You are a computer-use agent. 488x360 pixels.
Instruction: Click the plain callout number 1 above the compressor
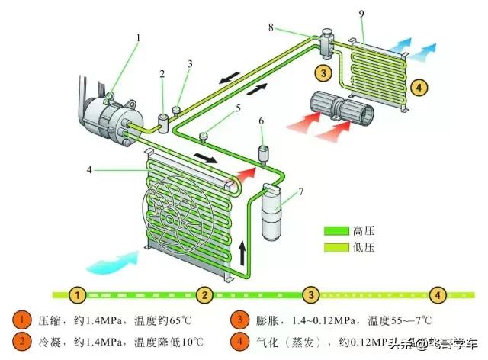[x=138, y=37]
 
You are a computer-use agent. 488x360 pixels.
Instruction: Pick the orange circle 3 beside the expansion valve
[x=324, y=73]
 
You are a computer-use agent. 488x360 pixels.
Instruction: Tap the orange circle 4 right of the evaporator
[x=419, y=86]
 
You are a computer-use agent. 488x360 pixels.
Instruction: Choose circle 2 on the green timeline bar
[x=203, y=294]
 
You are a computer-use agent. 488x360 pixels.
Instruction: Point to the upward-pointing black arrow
[x=242, y=249]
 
